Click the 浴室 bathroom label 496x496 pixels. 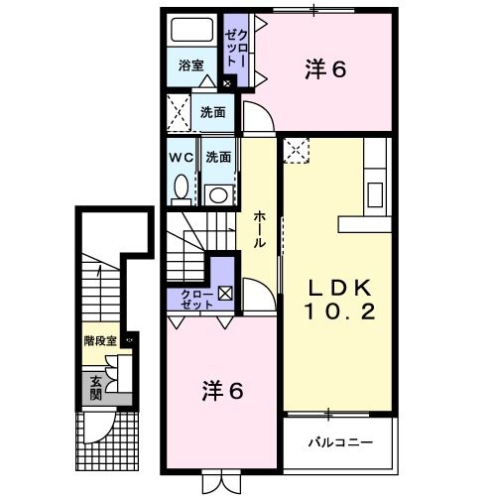point(191,66)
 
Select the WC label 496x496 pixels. point(181,157)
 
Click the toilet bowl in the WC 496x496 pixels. point(181,186)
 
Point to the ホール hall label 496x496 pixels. point(259,227)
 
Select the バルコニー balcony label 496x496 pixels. point(338,439)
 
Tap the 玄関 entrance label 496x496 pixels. point(96,386)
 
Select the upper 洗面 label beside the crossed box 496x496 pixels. point(214,112)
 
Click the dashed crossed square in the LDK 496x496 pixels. point(297,151)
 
